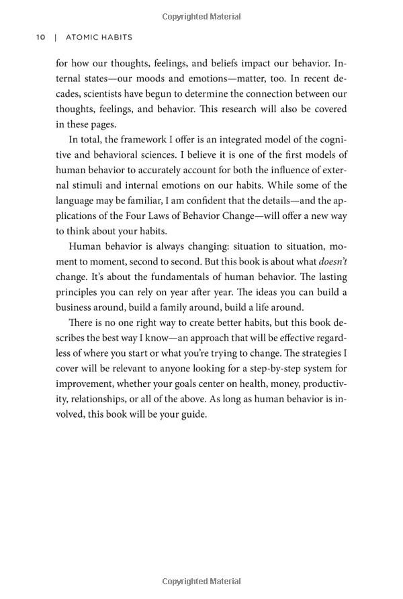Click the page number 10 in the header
tap(40, 38)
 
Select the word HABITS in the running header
tap(116, 38)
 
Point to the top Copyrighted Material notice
tap(201, 17)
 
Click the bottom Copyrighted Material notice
tap(201, 582)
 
